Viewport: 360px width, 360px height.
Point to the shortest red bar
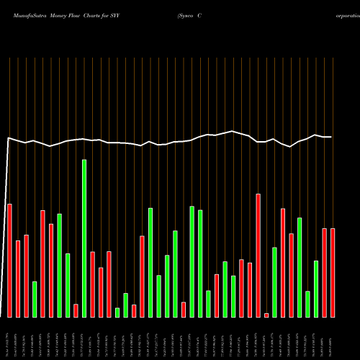[x=266, y=315]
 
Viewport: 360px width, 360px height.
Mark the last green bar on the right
[x=316, y=289]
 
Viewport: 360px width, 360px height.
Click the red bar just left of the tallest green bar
[x=76, y=310]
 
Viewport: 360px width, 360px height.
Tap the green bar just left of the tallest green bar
[x=68, y=285]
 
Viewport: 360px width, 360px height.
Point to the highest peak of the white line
[x=233, y=131]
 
